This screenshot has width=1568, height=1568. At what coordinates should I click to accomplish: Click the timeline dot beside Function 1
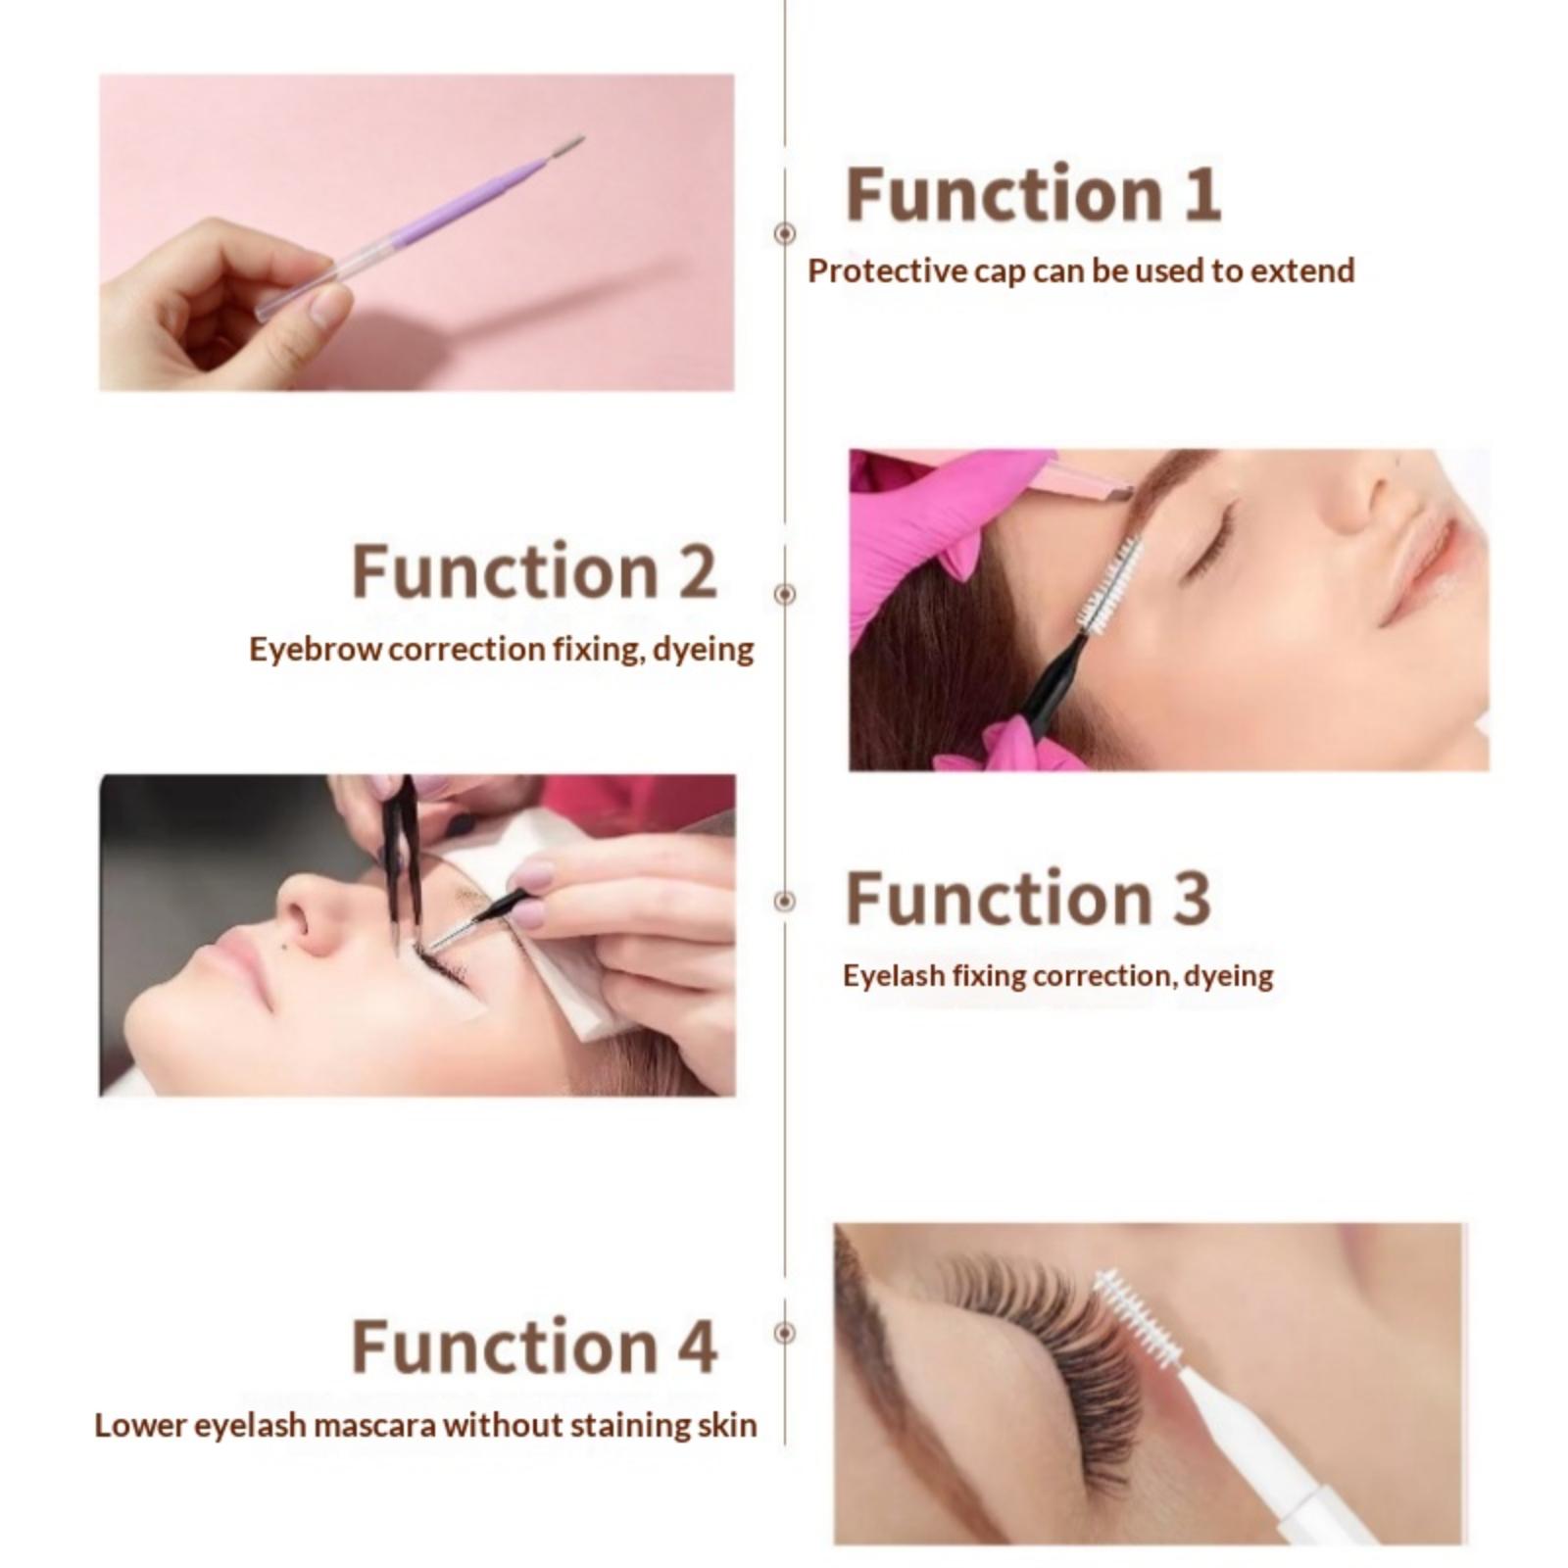coord(784,233)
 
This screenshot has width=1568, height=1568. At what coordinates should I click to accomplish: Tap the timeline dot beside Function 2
coord(784,594)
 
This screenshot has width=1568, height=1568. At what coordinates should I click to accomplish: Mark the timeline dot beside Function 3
coord(784,901)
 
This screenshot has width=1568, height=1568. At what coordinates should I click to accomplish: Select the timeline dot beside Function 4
coord(784,1333)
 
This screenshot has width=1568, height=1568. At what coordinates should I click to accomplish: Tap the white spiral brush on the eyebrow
coord(1110,585)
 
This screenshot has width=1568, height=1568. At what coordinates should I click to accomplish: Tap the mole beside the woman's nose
coord(290,943)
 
